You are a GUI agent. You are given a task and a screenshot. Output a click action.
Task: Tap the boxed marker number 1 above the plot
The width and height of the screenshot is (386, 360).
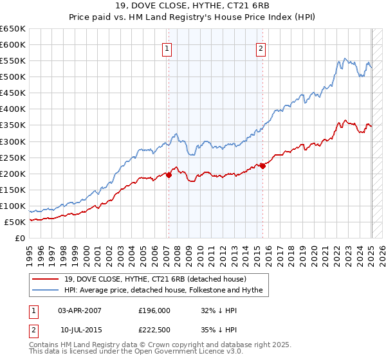(x=167, y=48)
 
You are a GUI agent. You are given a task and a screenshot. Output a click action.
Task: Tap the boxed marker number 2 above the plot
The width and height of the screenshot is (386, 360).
(x=261, y=48)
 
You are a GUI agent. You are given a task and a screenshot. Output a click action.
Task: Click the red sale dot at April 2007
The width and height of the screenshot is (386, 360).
(x=169, y=174)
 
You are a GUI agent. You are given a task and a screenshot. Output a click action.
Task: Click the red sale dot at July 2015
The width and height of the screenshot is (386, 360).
(x=262, y=166)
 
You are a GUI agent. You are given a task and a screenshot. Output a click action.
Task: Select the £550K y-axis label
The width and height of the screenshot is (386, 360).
(x=13, y=61)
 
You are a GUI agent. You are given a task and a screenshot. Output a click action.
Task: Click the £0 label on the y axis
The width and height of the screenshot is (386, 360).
(x=19, y=238)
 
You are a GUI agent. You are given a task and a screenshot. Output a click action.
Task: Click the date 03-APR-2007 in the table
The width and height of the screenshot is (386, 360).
(x=79, y=310)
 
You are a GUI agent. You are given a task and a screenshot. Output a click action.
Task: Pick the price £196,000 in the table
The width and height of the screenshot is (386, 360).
(x=155, y=310)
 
